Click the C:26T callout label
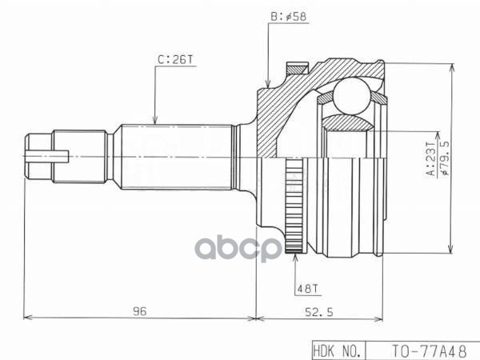[x=174, y=58]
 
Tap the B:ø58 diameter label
[x=286, y=15]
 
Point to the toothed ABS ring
[x=294, y=206]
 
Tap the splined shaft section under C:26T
[x=176, y=156]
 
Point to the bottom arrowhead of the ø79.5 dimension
[x=453, y=249]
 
